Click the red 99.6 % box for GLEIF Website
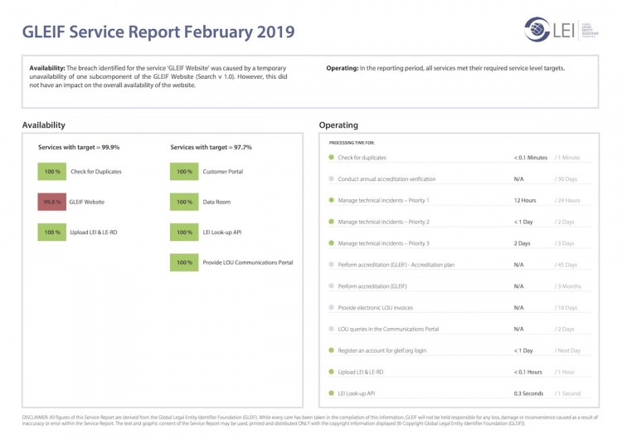(x=51, y=202)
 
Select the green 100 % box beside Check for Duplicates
(x=51, y=172)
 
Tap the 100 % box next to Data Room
(x=184, y=202)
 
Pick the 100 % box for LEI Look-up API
(x=184, y=232)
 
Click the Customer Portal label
(x=223, y=172)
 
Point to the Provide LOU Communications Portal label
(x=248, y=263)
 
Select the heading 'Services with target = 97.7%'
(x=211, y=147)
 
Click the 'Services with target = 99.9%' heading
(x=79, y=147)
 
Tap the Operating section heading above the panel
(x=338, y=125)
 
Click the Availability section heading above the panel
(x=43, y=125)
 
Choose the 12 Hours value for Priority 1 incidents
(x=525, y=200)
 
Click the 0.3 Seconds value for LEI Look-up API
(x=528, y=393)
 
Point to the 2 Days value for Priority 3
(x=522, y=243)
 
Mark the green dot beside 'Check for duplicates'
(x=331, y=157)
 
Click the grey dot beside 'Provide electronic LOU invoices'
(x=331, y=307)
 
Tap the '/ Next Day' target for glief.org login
(x=568, y=350)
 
